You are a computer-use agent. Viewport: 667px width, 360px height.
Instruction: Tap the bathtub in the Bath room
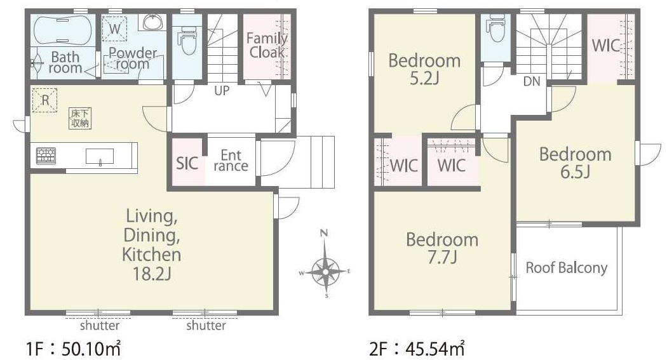(62, 30)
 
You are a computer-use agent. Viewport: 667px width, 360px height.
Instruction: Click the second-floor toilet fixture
(496, 28)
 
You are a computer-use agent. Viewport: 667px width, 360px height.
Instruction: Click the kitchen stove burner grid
(46, 156)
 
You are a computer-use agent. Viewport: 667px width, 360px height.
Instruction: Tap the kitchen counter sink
(100, 156)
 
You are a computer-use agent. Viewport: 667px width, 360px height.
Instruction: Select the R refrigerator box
(44, 100)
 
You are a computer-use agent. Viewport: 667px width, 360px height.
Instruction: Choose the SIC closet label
(187, 163)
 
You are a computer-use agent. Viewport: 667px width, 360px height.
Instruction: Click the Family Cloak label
(267, 45)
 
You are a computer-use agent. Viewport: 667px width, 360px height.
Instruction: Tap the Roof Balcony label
(566, 268)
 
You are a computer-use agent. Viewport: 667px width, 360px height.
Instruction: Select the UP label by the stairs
(221, 91)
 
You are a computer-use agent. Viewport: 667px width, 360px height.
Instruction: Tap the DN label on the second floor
(532, 81)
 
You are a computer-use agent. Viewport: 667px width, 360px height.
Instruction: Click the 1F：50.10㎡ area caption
(74, 349)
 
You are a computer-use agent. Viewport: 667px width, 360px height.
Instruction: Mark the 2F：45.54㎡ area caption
(417, 349)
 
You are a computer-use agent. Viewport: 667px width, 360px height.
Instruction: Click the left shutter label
(100, 326)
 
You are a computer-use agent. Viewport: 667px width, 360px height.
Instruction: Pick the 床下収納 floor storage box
(80, 118)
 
